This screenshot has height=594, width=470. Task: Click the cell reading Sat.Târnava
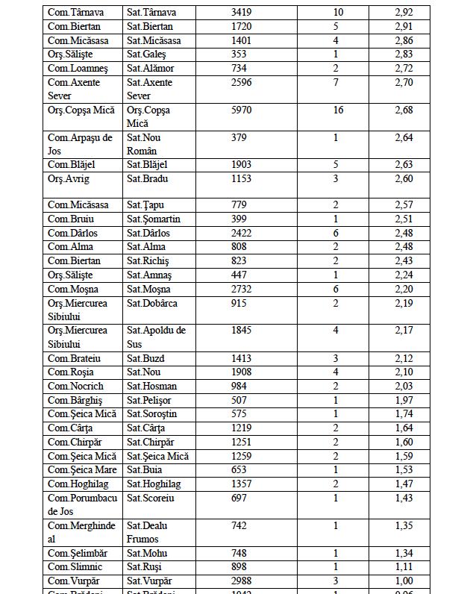(x=151, y=13)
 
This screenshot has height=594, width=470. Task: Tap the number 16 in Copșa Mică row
(x=339, y=110)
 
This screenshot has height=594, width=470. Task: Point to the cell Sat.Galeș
(x=146, y=54)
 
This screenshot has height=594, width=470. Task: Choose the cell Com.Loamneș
(x=75, y=69)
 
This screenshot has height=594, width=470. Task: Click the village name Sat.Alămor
(x=151, y=69)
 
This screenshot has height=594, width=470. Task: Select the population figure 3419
(x=242, y=13)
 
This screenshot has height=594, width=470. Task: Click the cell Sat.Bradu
(x=146, y=179)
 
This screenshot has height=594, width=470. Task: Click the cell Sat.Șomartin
(x=154, y=219)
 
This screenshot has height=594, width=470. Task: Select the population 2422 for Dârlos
(x=242, y=233)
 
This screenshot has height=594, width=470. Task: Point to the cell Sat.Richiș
(x=148, y=261)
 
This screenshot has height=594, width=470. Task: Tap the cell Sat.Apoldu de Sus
(x=156, y=337)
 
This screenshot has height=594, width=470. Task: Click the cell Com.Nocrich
(x=75, y=387)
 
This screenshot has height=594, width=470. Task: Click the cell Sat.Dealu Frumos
(x=148, y=532)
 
